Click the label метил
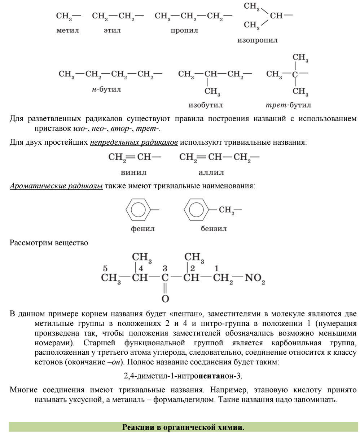(67, 30)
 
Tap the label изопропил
(257, 40)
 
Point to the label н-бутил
(106, 89)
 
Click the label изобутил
(205, 105)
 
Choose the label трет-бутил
(288, 105)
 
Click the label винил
(133, 172)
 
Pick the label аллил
(211, 172)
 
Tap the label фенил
(142, 229)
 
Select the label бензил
(214, 229)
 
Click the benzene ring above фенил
(138, 209)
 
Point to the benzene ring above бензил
(196, 209)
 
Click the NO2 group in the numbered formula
(255, 279)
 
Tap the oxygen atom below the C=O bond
(165, 298)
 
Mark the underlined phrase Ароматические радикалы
(56, 186)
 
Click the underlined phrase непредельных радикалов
(134, 142)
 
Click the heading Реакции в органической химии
(183, 427)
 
